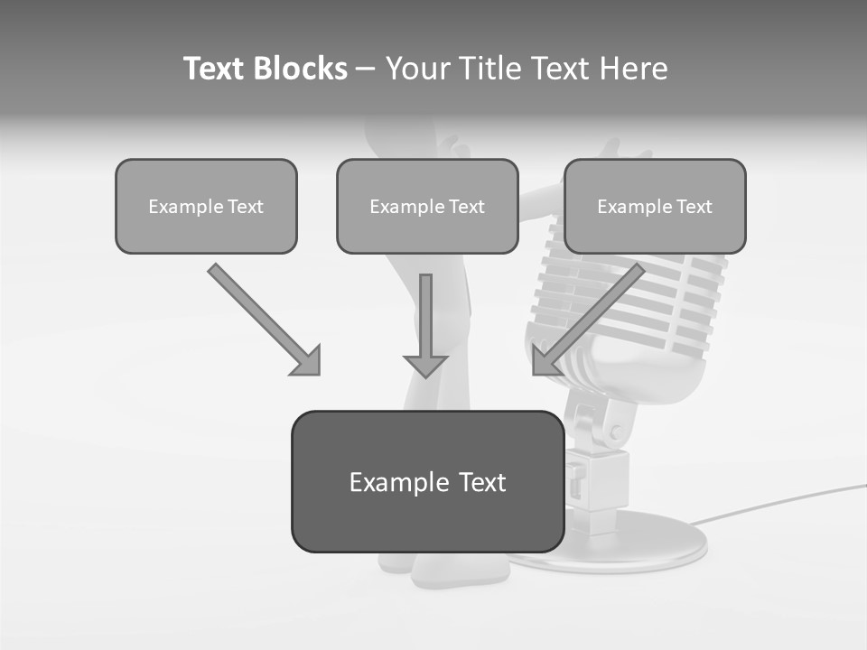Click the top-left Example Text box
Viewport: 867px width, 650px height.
pos(206,206)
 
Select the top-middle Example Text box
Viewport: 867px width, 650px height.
pos(427,206)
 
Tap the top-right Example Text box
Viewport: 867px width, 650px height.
pos(655,206)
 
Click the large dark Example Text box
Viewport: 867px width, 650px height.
pos(427,481)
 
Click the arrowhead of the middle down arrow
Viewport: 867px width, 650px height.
pos(425,365)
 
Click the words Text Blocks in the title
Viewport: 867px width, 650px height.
pos(265,69)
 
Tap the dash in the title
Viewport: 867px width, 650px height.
pos(366,70)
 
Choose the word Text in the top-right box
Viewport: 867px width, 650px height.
pos(695,207)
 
